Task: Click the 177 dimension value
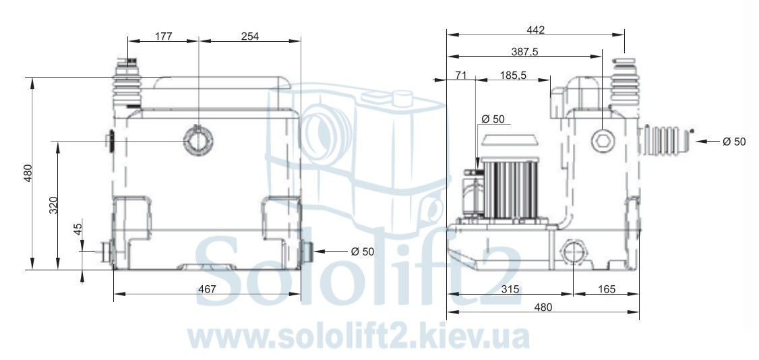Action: [164, 36]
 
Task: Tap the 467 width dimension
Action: [207, 289]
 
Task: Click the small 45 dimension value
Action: [78, 229]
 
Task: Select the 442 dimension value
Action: [535, 30]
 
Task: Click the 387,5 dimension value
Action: [524, 52]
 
